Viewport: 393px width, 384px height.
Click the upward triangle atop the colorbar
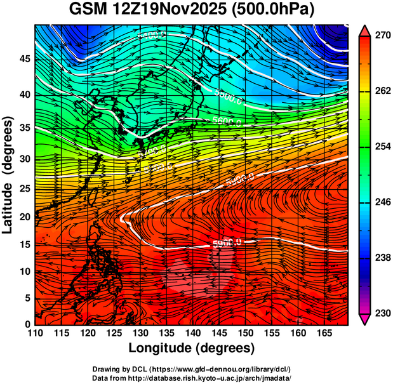point(364,30)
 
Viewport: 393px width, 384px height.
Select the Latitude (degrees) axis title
point(9,175)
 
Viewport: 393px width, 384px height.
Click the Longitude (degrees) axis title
point(192,348)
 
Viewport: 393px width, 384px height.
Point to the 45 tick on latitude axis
point(23,58)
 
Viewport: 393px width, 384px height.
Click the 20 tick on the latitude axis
point(23,216)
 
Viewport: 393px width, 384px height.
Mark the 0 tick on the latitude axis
point(27,324)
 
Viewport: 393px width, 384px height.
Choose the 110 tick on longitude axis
point(35,333)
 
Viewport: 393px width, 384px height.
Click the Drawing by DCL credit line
point(192,369)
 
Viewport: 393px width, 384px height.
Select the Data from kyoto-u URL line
point(192,378)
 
